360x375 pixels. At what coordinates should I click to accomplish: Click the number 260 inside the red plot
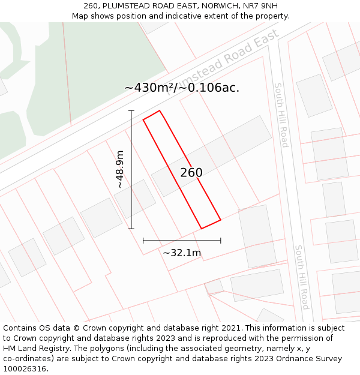[x=191, y=173]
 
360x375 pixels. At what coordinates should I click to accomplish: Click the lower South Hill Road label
[x=301, y=277]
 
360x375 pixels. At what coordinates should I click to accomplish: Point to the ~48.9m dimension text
[x=120, y=169]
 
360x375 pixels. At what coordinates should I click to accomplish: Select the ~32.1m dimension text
[x=182, y=253]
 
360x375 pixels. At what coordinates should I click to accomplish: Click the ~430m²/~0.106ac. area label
[x=182, y=88]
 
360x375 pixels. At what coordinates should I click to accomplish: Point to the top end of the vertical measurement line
[x=131, y=110]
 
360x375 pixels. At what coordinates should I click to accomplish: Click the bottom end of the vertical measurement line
[x=131, y=229]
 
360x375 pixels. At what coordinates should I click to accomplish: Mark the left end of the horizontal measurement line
[x=143, y=241]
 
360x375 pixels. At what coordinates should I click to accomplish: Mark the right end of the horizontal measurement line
[x=221, y=241]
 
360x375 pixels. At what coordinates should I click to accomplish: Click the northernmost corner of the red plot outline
[x=159, y=110]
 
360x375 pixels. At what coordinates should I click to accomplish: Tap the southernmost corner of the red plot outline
[x=202, y=229]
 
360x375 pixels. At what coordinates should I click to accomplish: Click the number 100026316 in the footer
[x=24, y=369]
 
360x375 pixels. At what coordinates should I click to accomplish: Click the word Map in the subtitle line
[x=81, y=16]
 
